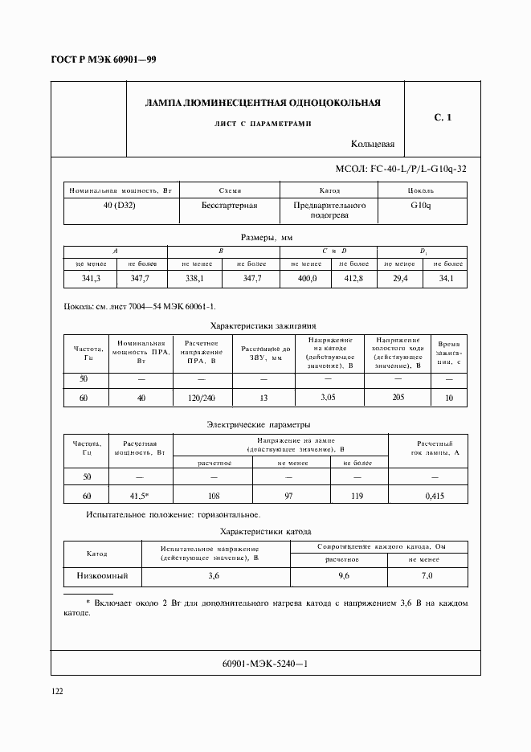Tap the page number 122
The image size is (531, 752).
[58, 691]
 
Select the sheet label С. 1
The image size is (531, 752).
[443, 118]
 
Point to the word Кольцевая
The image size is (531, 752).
[373, 145]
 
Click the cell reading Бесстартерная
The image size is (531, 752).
[229, 206]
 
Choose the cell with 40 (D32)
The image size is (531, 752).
[121, 206]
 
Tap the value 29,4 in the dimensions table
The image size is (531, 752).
[399, 278]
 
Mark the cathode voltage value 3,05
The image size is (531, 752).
[327, 397]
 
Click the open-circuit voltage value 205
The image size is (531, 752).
[396, 397]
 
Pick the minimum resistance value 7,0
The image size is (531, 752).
[427, 576]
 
